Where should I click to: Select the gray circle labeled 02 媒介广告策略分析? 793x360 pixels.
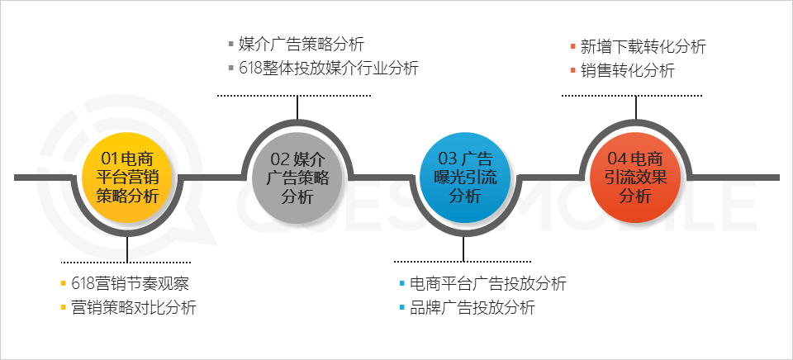297,177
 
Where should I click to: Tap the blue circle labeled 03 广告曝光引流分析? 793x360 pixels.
464,177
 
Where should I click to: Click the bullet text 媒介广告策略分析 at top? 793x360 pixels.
301,44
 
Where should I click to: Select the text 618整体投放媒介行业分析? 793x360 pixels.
329,68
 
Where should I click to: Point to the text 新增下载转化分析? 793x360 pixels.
643,46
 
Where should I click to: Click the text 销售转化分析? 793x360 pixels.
628,70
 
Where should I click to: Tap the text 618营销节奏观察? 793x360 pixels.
131,284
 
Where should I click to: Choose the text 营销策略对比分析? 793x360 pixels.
134,308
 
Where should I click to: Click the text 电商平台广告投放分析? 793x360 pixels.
488,284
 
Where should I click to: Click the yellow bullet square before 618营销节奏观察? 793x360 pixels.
64,285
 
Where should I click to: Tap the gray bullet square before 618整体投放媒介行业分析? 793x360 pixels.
231,69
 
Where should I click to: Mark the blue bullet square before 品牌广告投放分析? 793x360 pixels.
402,309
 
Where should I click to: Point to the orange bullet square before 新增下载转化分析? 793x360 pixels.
572,47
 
